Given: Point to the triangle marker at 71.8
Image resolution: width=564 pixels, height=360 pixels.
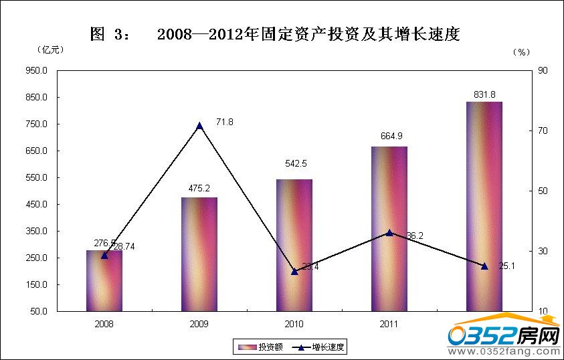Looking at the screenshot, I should click(x=199, y=126).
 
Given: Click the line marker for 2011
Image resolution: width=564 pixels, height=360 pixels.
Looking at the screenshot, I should click(x=389, y=233).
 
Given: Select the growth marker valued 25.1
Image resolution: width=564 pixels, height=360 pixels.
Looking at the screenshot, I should click(x=484, y=266).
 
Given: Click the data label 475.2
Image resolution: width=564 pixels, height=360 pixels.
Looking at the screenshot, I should click(x=199, y=189).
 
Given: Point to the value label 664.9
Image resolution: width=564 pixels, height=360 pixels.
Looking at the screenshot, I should click(x=389, y=137).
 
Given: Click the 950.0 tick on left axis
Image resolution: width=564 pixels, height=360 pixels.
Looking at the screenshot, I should click(x=37, y=70).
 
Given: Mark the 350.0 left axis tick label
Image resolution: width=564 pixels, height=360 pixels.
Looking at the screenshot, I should click(x=37, y=231).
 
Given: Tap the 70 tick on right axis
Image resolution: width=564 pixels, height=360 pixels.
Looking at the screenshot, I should click(x=543, y=130).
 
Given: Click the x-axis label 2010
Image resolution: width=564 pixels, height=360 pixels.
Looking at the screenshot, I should click(x=294, y=324).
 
